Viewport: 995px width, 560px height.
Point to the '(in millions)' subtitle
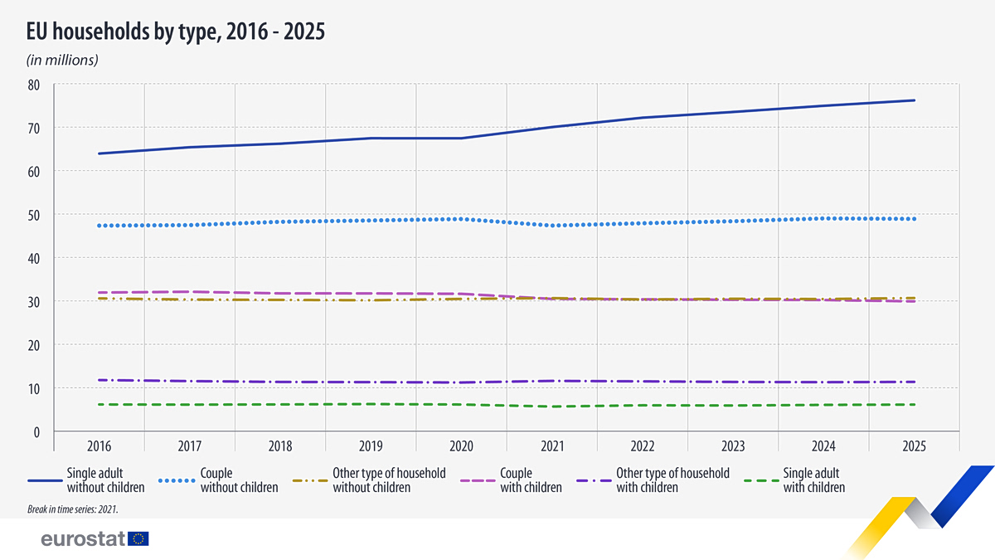pos(62,60)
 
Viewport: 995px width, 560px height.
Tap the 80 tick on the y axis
pos(34,85)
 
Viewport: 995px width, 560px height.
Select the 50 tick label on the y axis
pos(34,216)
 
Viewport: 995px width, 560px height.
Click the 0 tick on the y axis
pos(36,432)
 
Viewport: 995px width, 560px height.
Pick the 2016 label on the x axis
pos(99,446)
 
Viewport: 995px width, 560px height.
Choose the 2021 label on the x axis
pos(552,446)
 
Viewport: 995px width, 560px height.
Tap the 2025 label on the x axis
pos(914,446)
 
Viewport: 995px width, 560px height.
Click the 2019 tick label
pos(371,446)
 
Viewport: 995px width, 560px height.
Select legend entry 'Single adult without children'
pos(86,480)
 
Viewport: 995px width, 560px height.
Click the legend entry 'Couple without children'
pos(218,480)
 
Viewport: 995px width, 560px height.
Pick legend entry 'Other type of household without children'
pos(369,480)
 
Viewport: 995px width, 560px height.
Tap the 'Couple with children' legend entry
pos(512,480)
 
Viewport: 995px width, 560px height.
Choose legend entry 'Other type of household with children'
pos(653,480)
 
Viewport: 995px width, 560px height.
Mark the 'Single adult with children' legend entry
pos(794,480)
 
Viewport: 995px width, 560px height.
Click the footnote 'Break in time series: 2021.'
pos(73,509)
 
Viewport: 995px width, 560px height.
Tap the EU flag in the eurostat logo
pos(138,538)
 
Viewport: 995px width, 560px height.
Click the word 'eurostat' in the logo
pos(83,538)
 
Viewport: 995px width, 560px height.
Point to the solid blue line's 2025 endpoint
pos(914,100)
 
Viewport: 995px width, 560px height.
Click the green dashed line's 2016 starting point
pos(99,405)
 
